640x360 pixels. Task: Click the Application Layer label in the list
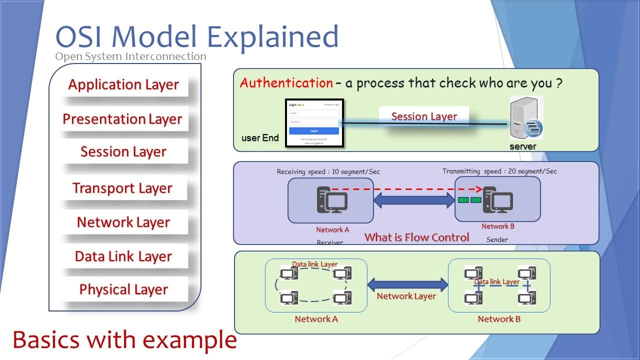coord(123,84)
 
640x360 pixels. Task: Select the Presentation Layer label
coord(122,119)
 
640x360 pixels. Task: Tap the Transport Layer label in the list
coord(122,188)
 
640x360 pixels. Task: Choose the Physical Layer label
coord(123,289)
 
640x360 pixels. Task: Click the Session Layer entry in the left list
coord(123,151)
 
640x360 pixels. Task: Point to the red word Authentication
coord(286,83)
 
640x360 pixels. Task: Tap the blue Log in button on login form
coord(314,131)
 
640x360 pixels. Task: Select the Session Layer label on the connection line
coord(424,116)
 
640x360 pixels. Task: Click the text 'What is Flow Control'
coord(416,237)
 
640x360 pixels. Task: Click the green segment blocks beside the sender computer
coord(469,200)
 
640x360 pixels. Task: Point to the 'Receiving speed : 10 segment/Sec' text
coord(328,171)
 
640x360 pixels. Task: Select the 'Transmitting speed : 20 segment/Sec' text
coord(499,171)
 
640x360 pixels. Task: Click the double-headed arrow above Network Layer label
coord(407,285)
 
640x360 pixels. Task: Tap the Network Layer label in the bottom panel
coord(406,296)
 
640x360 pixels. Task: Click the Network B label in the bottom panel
coord(499,319)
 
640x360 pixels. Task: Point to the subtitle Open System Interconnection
coord(130,56)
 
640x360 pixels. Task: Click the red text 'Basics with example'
coord(124,340)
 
